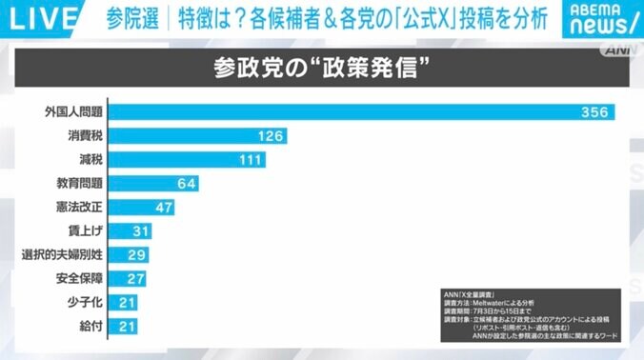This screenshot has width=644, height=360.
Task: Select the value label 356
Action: (595, 112)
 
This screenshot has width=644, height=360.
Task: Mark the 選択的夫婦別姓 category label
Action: (62, 255)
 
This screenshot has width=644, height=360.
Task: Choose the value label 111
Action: (252, 160)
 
